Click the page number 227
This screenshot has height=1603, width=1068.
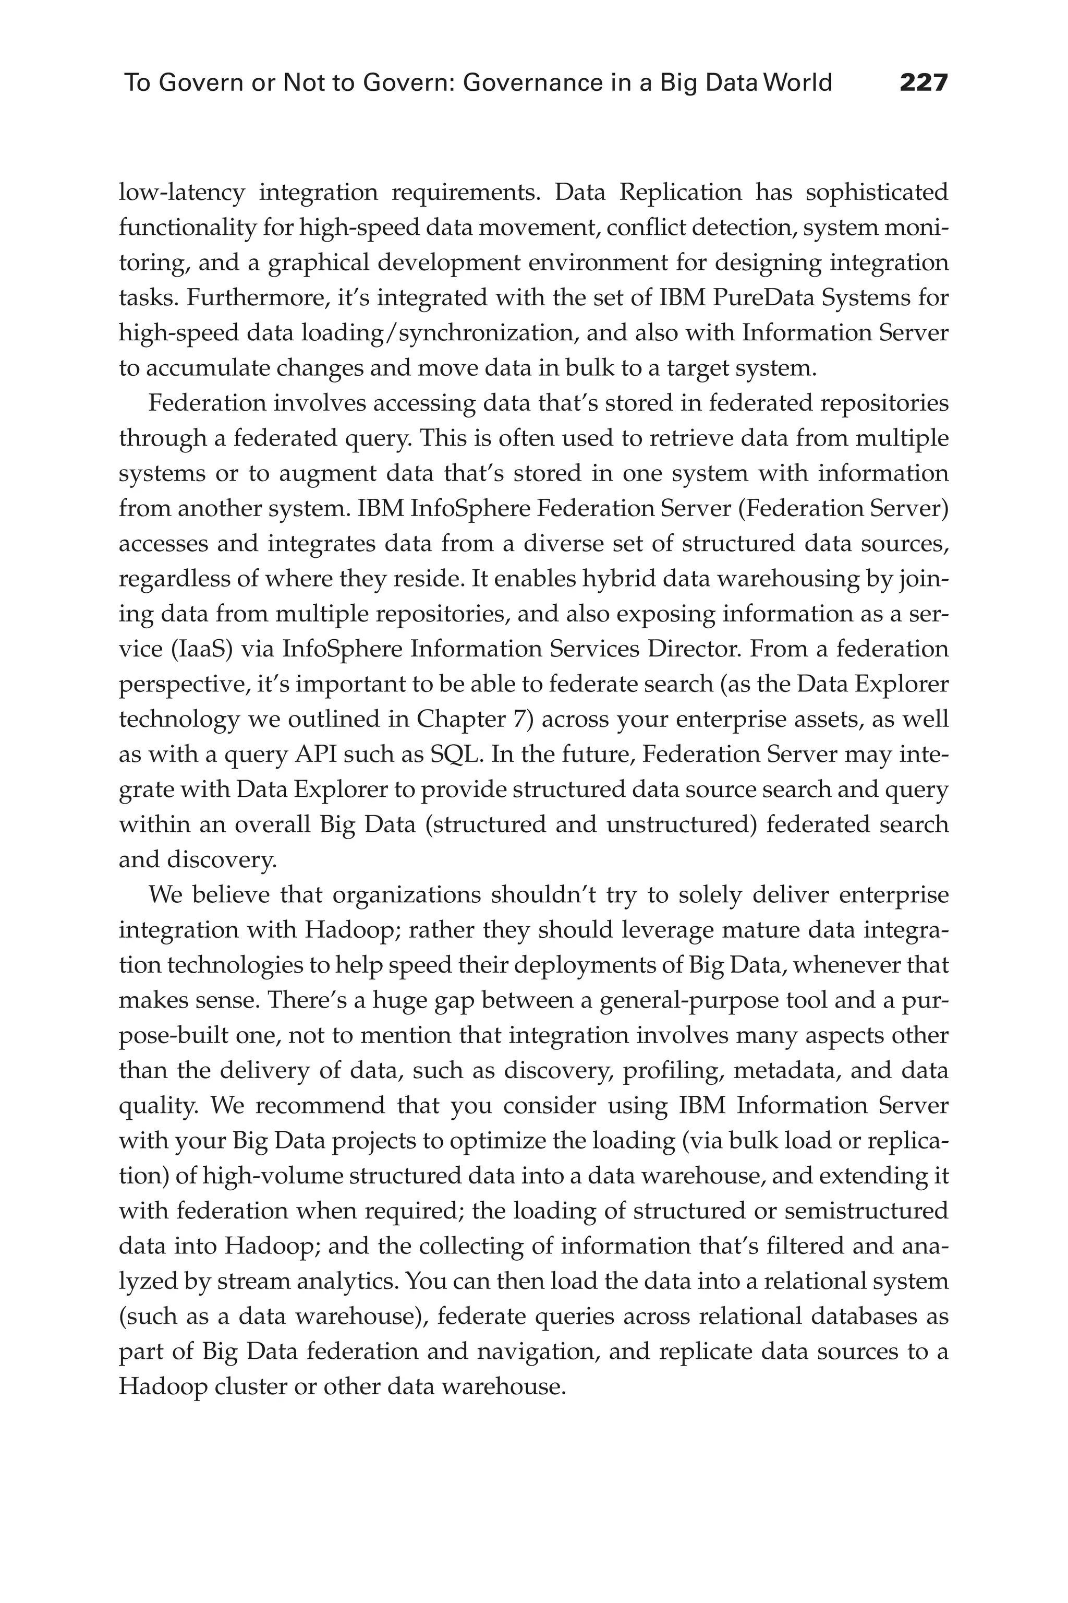coord(923,83)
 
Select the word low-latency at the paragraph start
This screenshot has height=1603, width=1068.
coord(181,193)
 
